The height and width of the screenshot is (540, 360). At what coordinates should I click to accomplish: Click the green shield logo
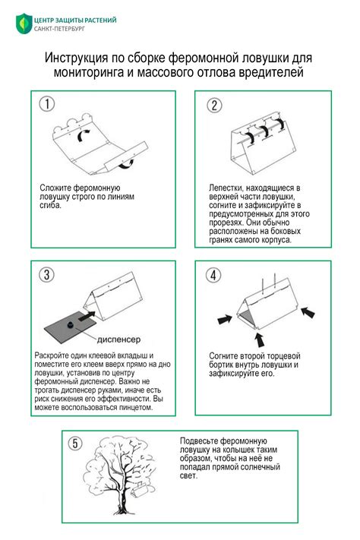[24, 24]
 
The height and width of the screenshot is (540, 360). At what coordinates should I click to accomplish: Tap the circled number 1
[47, 103]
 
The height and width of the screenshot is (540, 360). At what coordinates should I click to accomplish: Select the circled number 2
[214, 105]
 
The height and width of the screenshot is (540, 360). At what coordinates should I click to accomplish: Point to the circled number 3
[46, 274]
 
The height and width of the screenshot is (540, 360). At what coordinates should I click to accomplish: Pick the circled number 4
[213, 275]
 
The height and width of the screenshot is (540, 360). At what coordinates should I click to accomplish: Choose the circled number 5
[75, 443]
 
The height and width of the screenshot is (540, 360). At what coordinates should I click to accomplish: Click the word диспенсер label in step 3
[118, 339]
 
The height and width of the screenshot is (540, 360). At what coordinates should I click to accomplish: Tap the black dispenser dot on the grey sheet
[71, 324]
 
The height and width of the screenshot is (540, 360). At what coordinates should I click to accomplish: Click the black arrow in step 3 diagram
[87, 316]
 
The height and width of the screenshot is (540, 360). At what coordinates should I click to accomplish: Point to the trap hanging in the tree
[140, 490]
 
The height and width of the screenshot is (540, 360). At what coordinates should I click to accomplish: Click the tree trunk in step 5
[121, 496]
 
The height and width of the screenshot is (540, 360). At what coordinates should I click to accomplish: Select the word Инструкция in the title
[76, 58]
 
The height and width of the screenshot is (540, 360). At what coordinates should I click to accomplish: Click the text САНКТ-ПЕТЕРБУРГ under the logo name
[59, 29]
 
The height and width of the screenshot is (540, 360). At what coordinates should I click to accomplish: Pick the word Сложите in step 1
[55, 188]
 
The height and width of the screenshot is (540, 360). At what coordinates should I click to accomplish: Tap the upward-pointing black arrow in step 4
[260, 339]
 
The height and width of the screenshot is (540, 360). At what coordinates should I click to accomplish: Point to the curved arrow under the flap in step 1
[126, 165]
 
